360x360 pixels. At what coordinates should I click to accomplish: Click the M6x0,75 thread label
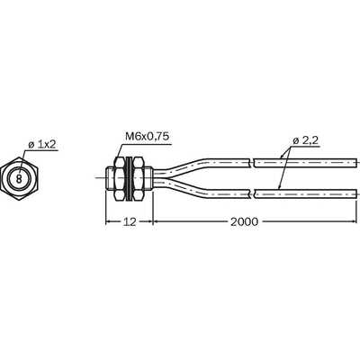(147, 137)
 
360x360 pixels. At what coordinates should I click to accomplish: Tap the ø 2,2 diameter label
(305, 140)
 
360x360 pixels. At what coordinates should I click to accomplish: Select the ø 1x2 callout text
(42, 145)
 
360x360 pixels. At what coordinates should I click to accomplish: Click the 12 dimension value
(130, 221)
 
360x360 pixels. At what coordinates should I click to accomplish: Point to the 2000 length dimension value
(244, 221)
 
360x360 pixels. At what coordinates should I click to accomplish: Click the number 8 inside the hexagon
(19, 179)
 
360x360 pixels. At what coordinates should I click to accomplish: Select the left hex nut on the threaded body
(120, 178)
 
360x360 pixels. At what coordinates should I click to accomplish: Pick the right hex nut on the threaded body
(139, 178)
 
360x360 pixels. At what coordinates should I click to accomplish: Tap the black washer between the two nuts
(130, 178)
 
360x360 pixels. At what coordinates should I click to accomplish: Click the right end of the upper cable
(356, 163)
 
